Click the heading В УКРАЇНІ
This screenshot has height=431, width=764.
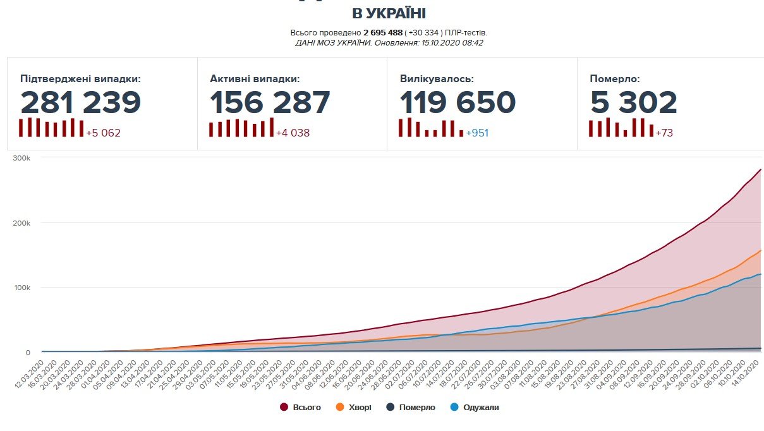389,14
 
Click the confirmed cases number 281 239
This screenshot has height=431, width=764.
80,102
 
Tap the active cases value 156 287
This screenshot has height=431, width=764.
270,102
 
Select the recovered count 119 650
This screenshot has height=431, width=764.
458,102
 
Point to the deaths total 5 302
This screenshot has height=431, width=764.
634,102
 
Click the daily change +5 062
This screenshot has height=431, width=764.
104,133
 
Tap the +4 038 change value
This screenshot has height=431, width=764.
293,133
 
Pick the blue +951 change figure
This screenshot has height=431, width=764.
477,133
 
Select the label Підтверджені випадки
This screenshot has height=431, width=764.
80,79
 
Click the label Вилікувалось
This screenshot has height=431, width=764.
437,79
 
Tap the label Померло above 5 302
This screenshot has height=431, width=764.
615,79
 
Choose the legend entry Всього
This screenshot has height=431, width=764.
306,408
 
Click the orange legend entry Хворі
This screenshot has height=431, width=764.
359,408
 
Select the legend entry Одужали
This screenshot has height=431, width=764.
480,408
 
